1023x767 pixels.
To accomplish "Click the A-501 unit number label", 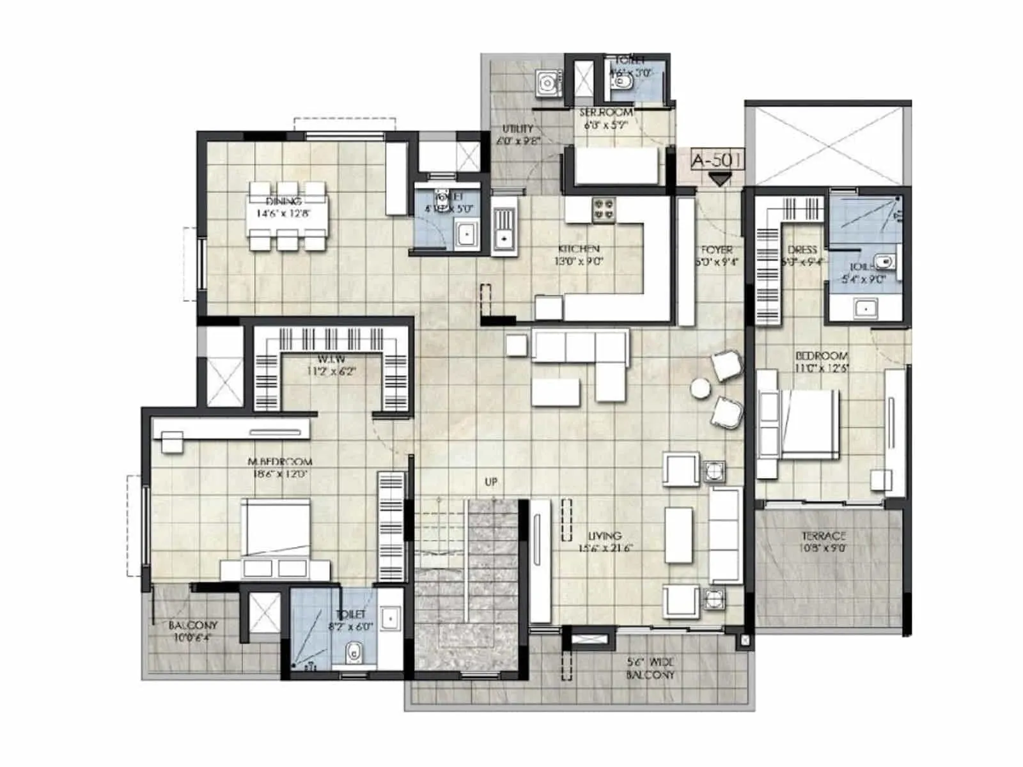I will click(717, 159).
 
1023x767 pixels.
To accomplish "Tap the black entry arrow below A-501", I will click(720, 180).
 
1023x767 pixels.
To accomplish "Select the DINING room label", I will click(283, 201).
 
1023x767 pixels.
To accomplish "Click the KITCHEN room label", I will click(579, 249).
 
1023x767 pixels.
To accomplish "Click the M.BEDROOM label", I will click(280, 461).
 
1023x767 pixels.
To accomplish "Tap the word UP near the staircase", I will click(491, 482).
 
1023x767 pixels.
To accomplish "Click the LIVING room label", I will click(604, 536).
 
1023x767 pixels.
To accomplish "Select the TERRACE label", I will click(824, 536).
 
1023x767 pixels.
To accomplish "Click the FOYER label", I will click(717, 249).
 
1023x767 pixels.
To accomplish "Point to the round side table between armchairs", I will click(701, 388).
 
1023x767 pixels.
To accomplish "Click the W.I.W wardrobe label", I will click(331, 359).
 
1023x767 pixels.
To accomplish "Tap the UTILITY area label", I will click(517, 129).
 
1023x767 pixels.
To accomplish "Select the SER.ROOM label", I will click(605, 112).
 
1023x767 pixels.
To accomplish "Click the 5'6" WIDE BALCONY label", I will click(650, 669).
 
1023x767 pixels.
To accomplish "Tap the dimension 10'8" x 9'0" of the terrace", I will click(824, 548).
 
